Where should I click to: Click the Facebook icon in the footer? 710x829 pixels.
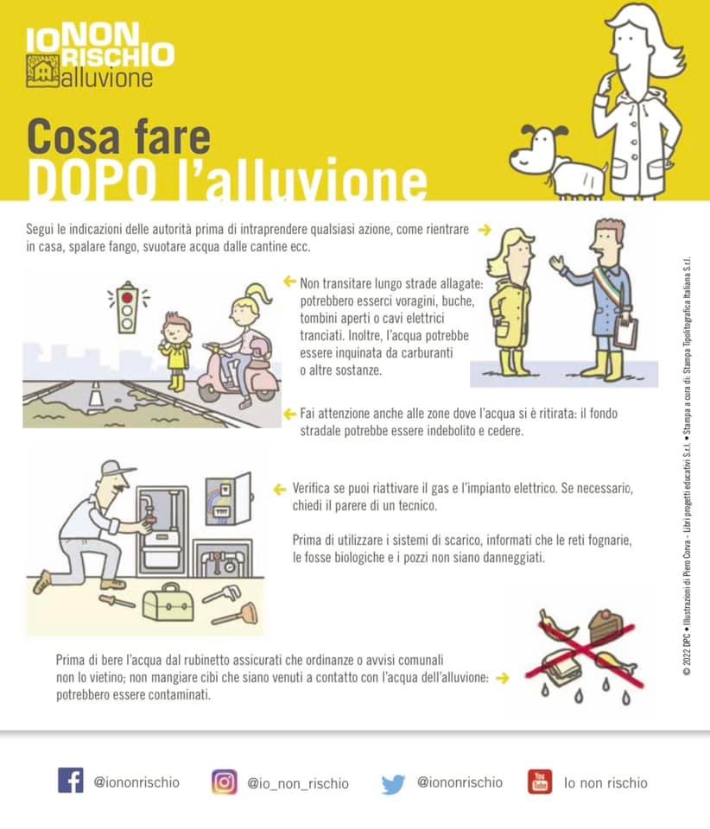(70, 781)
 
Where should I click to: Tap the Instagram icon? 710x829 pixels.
(225, 782)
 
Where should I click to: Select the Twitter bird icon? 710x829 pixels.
(393, 783)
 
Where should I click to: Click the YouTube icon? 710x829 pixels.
(540, 782)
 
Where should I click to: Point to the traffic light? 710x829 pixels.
(127, 307)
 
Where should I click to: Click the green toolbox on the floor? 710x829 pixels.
(168, 604)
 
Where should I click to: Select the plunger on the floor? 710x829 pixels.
(237, 614)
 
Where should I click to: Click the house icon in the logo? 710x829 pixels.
(43, 70)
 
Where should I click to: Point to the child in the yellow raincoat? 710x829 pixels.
(176, 350)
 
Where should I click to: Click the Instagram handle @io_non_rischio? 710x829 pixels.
(298, 783)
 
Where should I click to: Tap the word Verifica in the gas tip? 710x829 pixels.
(311, 488)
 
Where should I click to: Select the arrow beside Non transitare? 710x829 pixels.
(289, 282)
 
